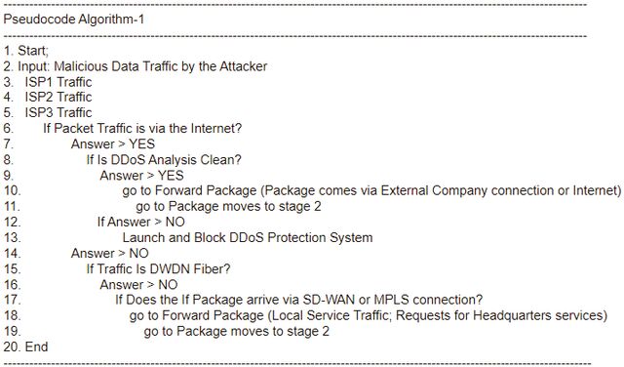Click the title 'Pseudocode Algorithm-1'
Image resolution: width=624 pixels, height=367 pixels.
pos(74,20)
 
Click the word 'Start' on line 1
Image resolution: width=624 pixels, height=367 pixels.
pos(32,51)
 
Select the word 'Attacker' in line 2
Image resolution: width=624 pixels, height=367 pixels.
pos(243,66)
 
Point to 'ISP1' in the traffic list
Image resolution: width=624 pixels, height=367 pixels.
pos(39,82)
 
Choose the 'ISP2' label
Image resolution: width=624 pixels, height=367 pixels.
pos(39,97)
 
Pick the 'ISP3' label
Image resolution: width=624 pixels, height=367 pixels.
pos(39,112)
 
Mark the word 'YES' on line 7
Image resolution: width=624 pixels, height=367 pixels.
pos(141,143)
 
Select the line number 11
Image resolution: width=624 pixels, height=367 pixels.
pos(12,206)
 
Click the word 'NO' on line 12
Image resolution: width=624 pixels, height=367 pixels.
pos(175,222)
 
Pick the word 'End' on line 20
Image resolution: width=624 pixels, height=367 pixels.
pos(37,347)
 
